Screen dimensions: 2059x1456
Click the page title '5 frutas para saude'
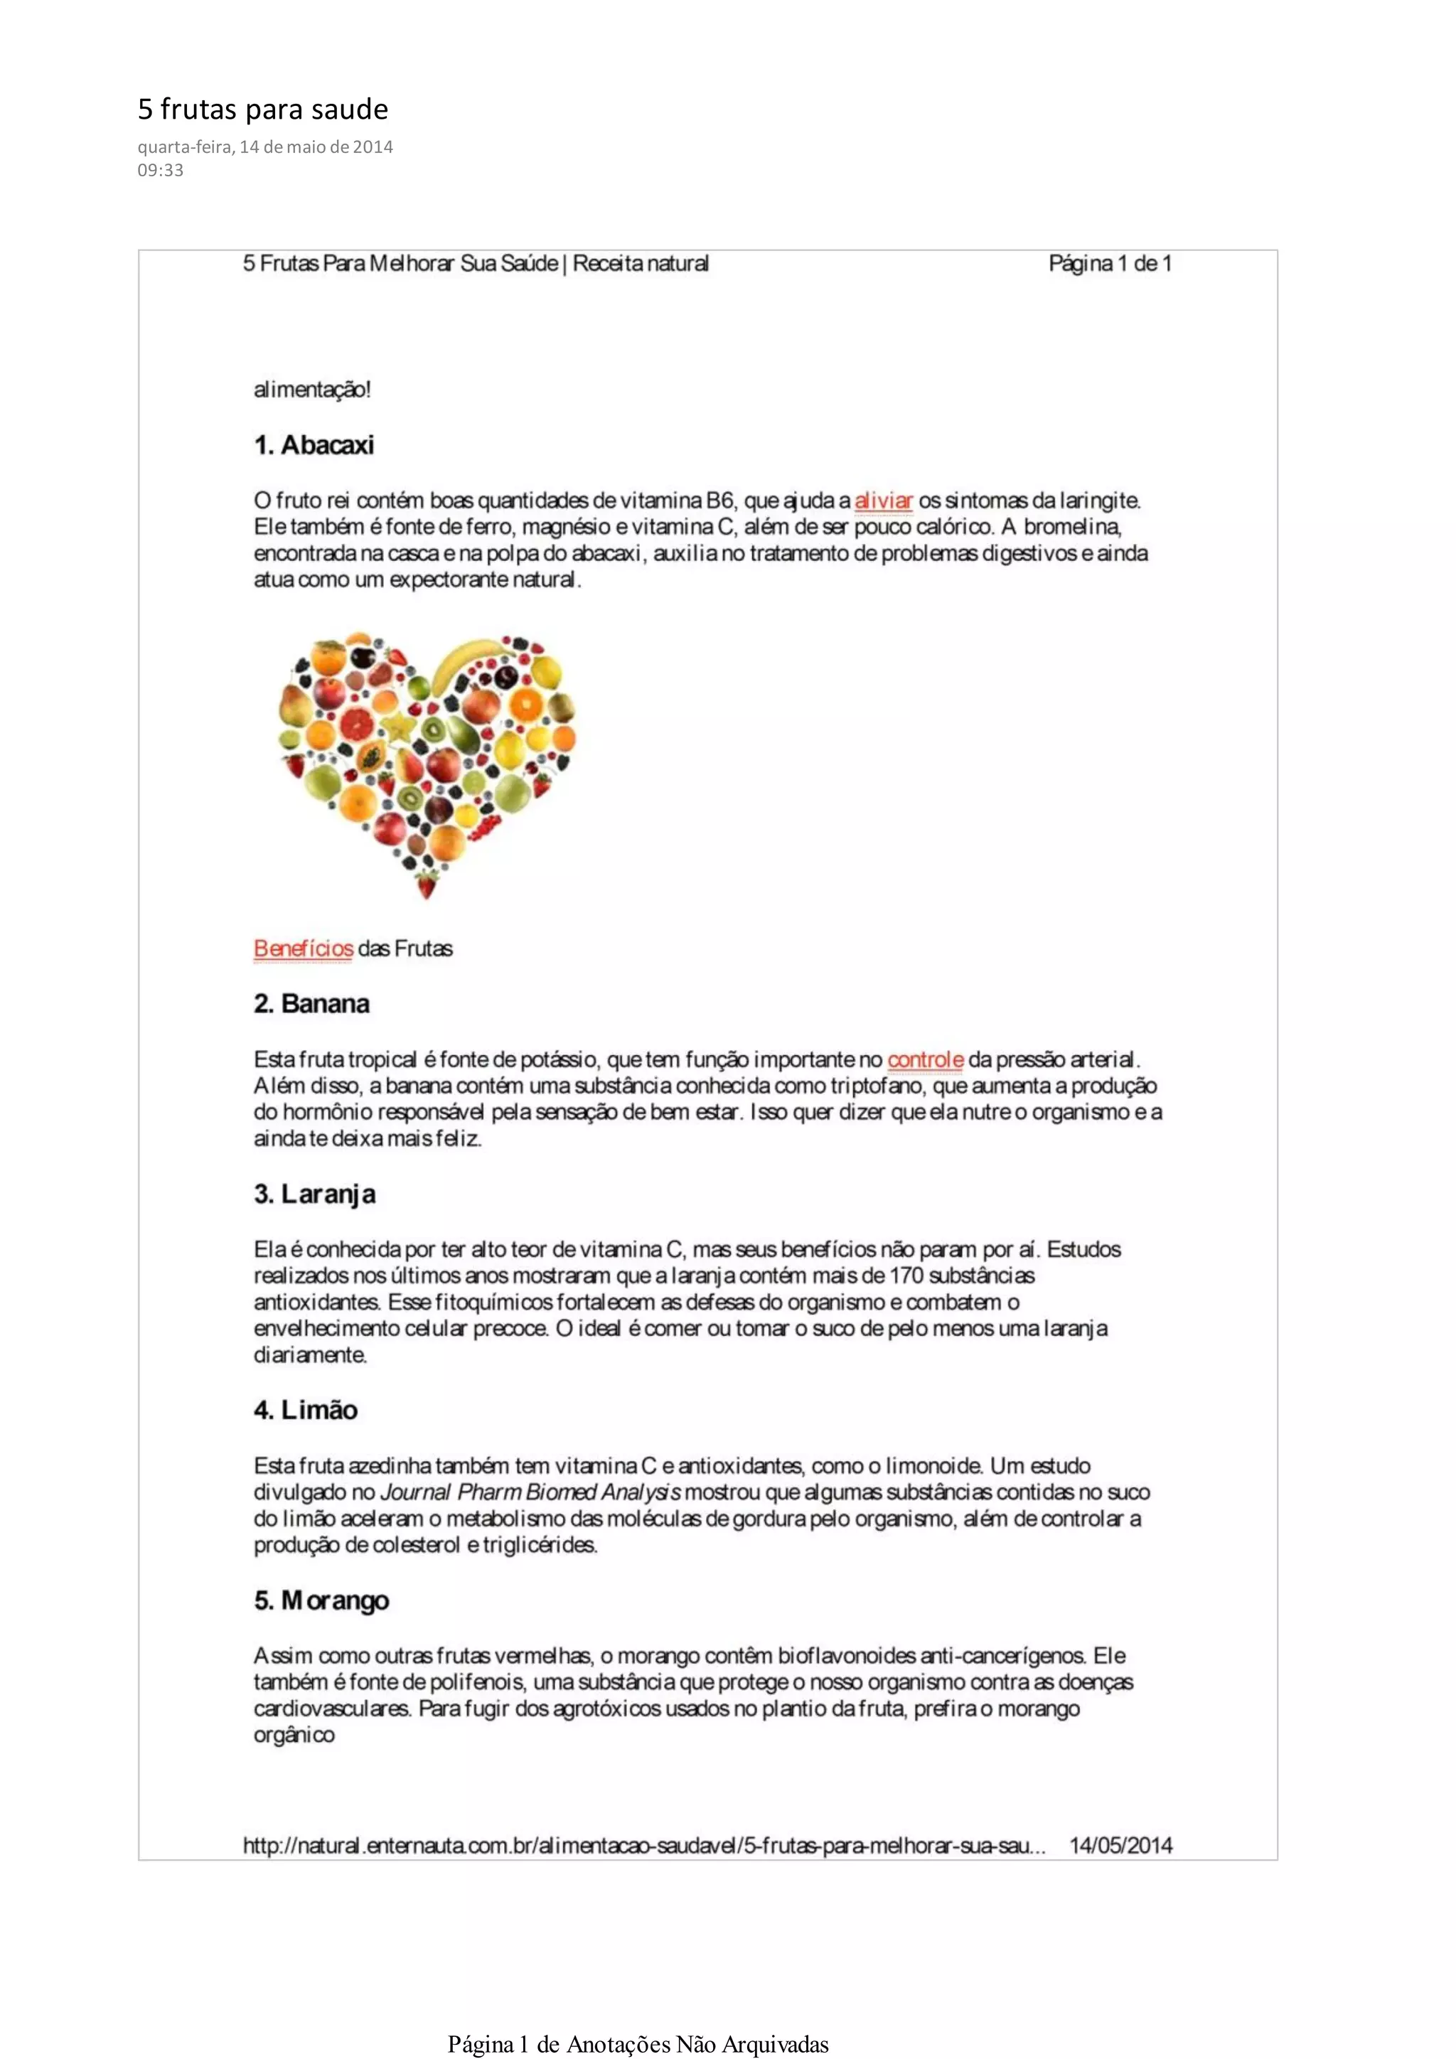262,109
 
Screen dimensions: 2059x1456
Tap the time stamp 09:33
161,171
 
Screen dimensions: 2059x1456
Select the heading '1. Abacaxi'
314,445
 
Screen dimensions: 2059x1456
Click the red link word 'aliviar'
883,501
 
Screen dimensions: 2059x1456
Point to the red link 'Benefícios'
303,948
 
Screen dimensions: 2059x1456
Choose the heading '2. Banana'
311,1003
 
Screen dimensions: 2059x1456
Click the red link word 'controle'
925,1060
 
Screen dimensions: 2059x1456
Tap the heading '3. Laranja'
315,1194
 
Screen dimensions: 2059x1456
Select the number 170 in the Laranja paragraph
906,1275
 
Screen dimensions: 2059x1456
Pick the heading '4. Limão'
306,1411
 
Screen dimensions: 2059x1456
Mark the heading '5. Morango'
321,1600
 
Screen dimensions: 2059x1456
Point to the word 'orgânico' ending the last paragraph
294,1736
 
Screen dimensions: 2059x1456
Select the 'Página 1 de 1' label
1110,264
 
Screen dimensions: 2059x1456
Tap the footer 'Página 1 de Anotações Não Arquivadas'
638,2044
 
